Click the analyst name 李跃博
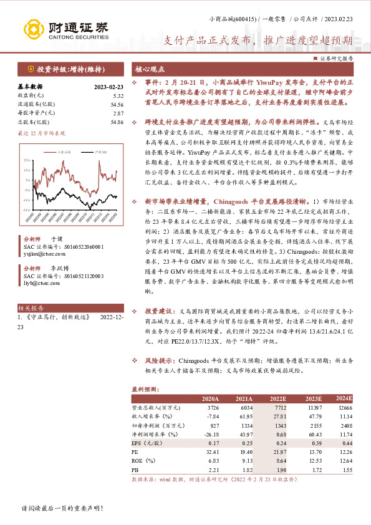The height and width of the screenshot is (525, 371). tap(59, 267)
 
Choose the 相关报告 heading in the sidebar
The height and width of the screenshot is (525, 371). tap(31, 307)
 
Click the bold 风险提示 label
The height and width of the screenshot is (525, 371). tap(157, 360)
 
